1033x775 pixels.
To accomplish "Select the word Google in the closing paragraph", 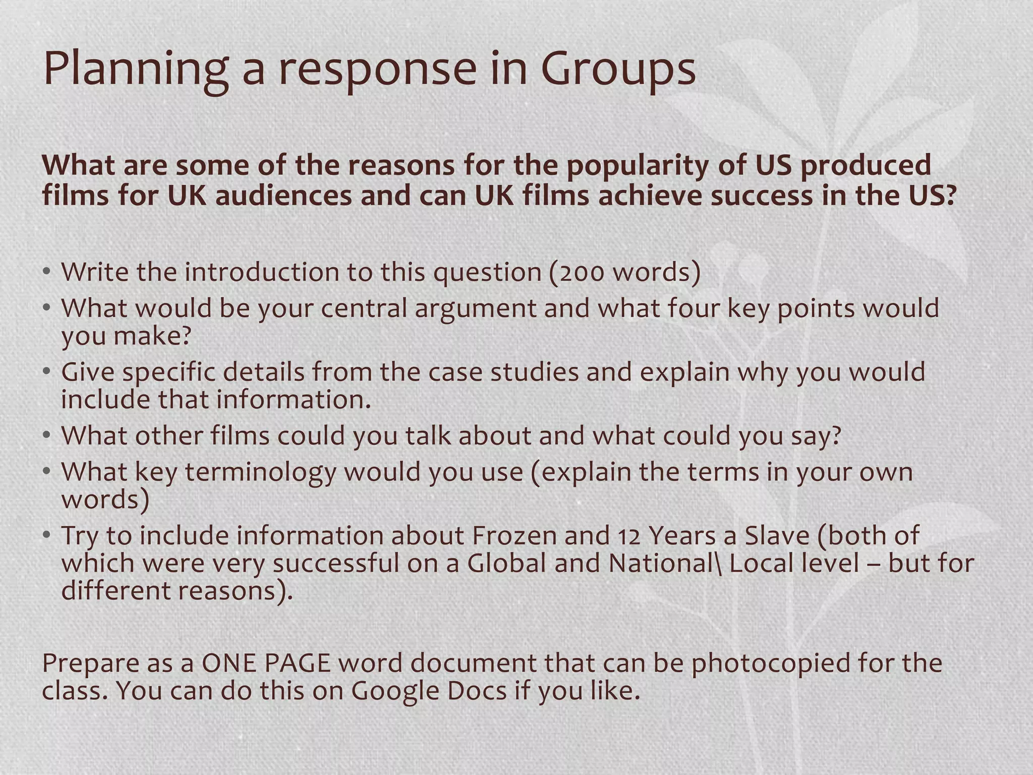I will [x=394, y=690].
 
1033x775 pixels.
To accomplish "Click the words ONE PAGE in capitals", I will [x=266, y=663].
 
